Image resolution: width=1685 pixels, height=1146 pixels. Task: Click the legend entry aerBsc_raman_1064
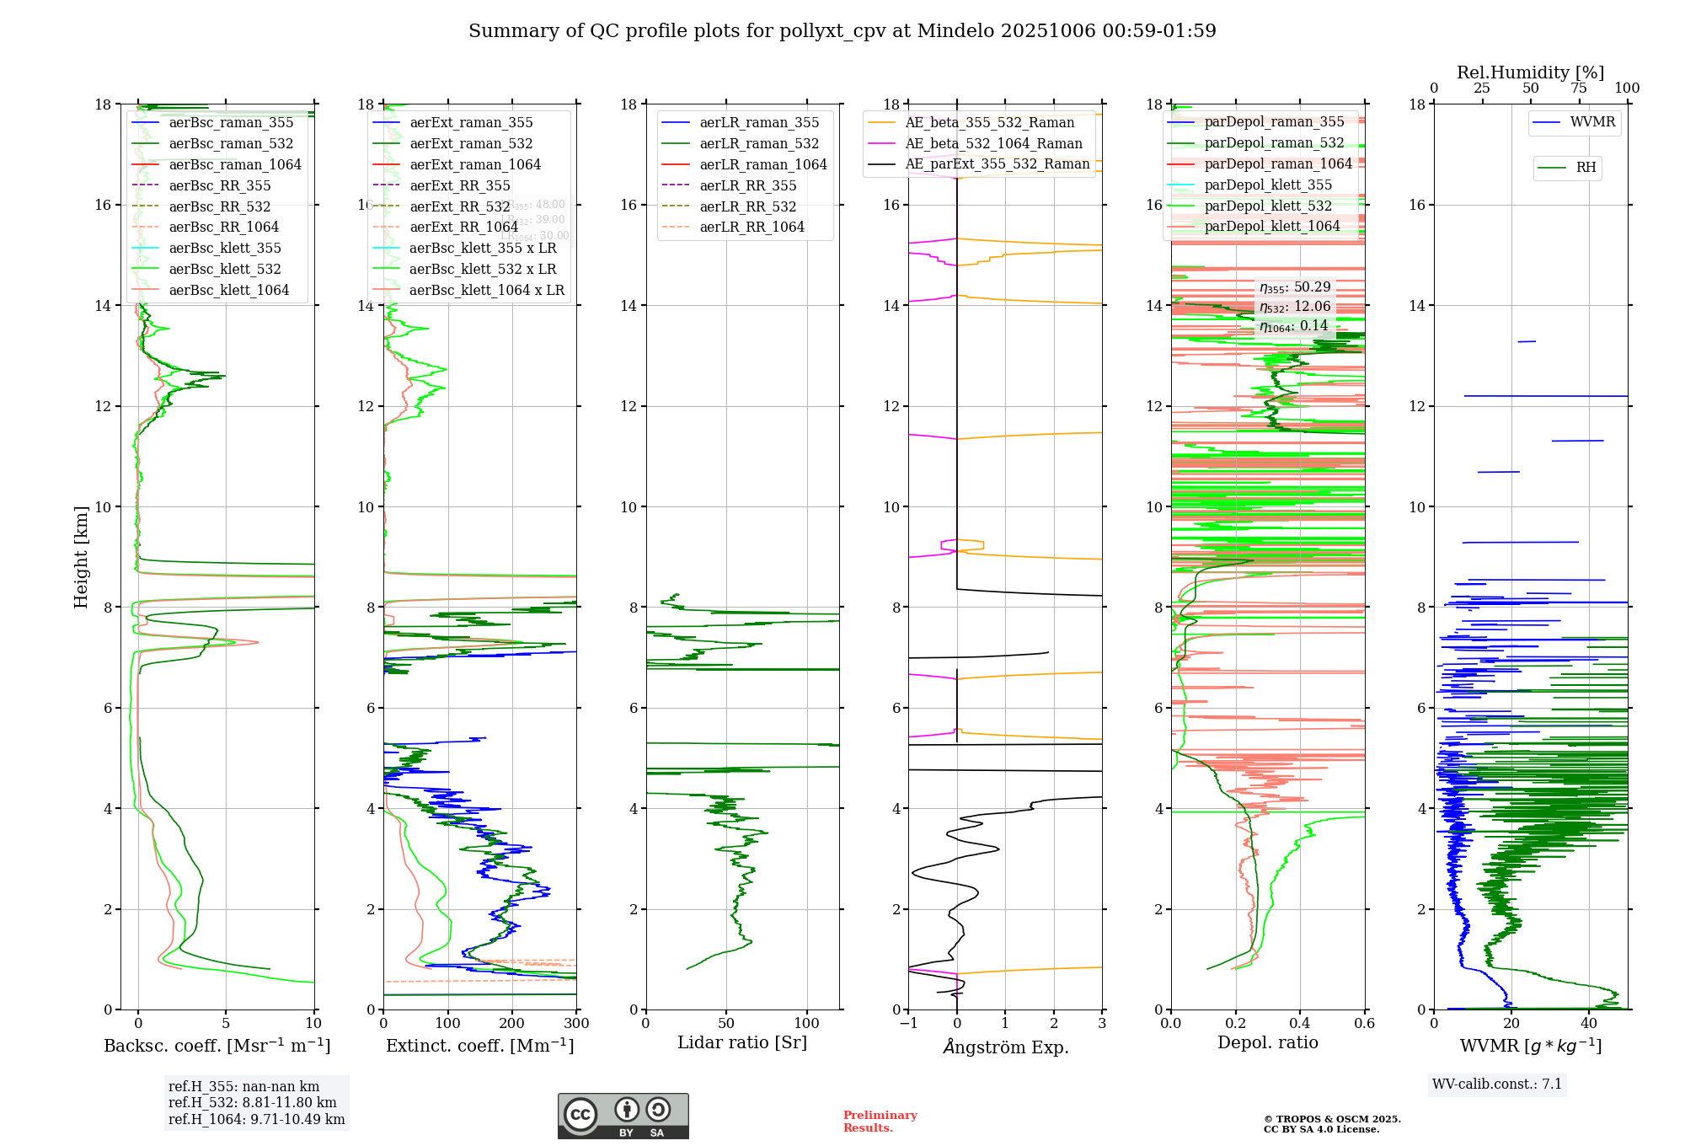click(234, 164)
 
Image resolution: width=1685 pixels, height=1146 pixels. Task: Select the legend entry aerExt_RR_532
click(459, 206)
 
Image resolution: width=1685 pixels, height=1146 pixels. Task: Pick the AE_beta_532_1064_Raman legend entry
click(993, 143)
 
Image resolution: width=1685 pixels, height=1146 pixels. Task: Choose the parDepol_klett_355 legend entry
click(1268, 185)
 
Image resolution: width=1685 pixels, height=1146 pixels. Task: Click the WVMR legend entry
click(1591, 122)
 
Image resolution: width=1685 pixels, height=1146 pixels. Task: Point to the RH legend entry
click(1585, 168)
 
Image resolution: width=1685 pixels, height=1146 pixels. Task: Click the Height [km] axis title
click(81, 556)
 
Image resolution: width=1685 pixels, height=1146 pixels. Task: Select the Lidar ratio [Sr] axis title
click(741, 1042)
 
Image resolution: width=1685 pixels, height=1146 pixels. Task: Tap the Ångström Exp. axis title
click(1005, 1047)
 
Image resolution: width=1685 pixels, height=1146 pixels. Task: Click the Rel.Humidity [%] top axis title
click(1530, 72)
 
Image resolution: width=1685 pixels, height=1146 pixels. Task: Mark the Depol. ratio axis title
click(1267, 1042)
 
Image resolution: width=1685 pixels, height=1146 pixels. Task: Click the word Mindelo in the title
click(955, 31)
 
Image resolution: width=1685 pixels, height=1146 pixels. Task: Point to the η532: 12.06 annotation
click(1295, 307)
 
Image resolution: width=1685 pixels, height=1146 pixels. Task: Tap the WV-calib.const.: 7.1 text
click(1497, 1084)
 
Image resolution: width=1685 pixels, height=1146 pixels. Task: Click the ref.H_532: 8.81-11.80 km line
click(252, 1102)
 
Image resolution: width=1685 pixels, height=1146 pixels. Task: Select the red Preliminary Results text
click(880, 1121)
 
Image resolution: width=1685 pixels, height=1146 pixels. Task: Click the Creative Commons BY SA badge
click(623, 1116)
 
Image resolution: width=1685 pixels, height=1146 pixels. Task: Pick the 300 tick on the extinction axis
click(576, 1023)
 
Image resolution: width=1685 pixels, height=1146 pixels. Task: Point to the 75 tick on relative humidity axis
click(1579, 88)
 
